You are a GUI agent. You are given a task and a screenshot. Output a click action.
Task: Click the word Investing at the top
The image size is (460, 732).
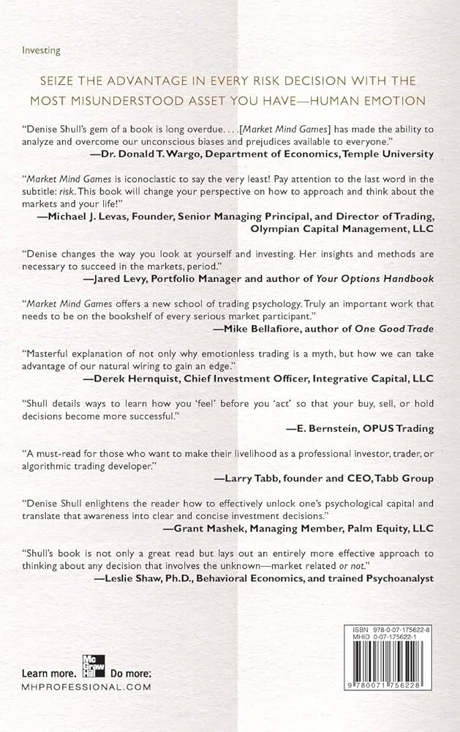point(43,51)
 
